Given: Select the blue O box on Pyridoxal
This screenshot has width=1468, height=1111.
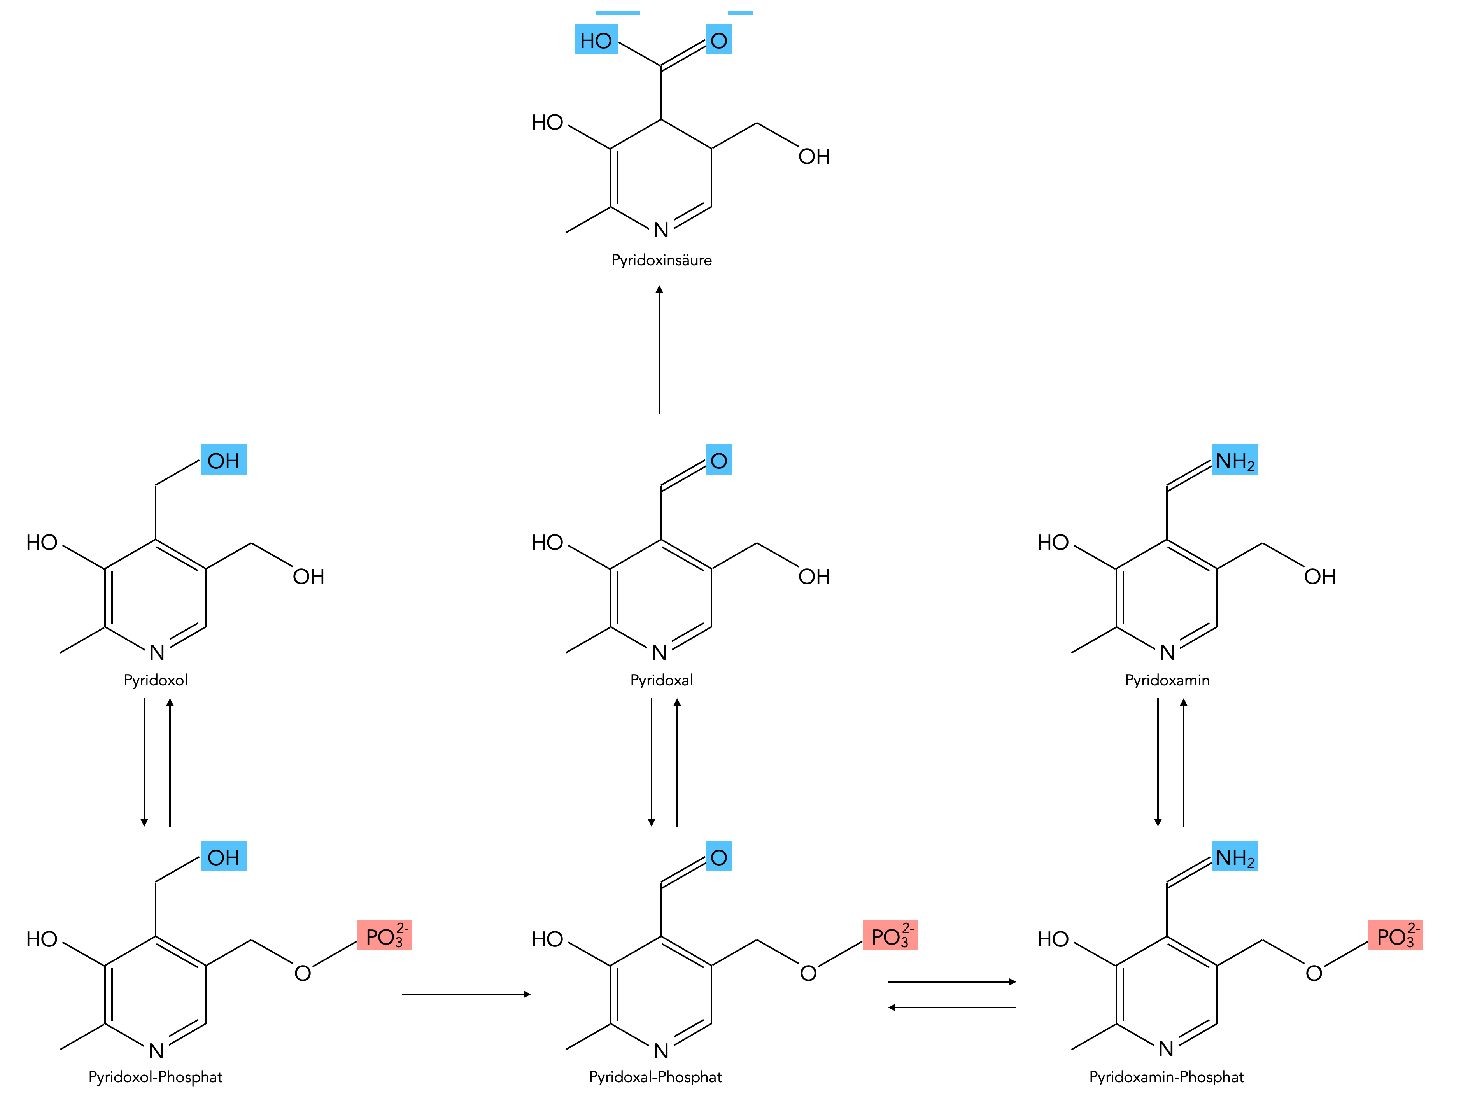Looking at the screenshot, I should (x=719, y=460).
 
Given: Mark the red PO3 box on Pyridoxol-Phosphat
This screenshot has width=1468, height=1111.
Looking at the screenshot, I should (x=384, y=936).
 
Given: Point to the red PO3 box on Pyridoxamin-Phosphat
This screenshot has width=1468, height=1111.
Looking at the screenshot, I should (x=1396, y=936).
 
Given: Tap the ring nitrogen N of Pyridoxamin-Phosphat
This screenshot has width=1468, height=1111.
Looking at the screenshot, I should (x=1166, y=1049).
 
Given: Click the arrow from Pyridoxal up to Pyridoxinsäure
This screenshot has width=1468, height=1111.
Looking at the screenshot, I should (x=659, y=349).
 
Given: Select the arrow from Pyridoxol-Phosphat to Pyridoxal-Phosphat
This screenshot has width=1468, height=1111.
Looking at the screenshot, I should (x=466, y=994).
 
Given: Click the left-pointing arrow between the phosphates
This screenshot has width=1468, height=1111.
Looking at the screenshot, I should (x=952, y=1008).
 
